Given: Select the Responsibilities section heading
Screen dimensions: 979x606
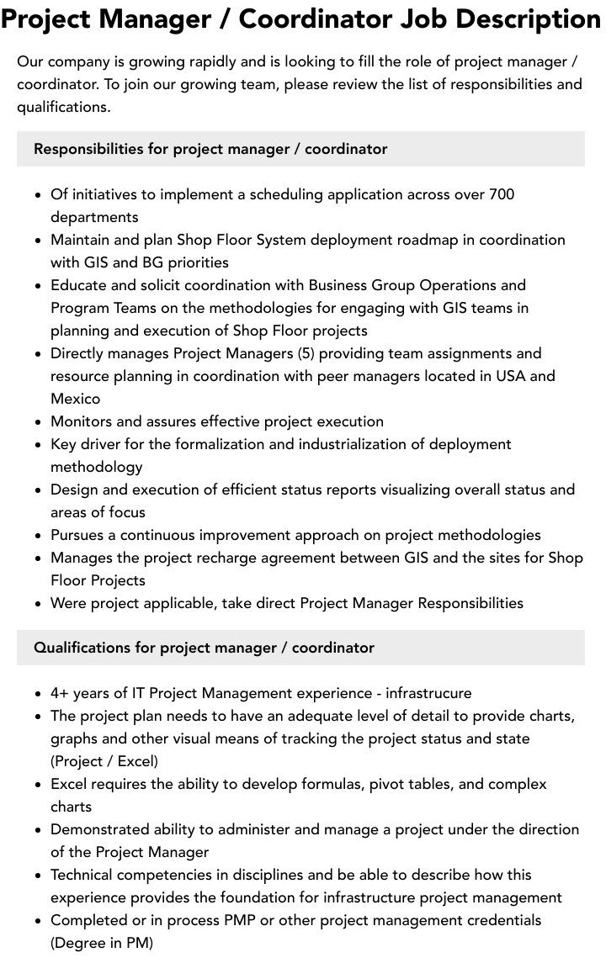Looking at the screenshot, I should tap(210, 149).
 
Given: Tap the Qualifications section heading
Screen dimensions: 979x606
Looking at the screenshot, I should tap(204, 648).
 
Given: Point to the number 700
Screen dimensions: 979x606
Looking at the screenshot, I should tap(501, 194).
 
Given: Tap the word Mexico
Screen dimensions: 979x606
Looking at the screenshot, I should tap(75, 399).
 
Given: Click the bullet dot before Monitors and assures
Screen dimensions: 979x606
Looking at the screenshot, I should tap(38, 422).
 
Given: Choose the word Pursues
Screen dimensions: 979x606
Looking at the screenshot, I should tap(79, 535).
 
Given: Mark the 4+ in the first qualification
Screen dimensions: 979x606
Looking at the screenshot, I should tap(60, 693).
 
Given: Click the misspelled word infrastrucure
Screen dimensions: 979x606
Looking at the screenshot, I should tap(428, 693).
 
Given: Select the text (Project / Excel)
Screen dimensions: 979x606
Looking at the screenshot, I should tap(104, 761).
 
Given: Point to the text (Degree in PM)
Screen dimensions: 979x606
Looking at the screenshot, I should tap(102, 943).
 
